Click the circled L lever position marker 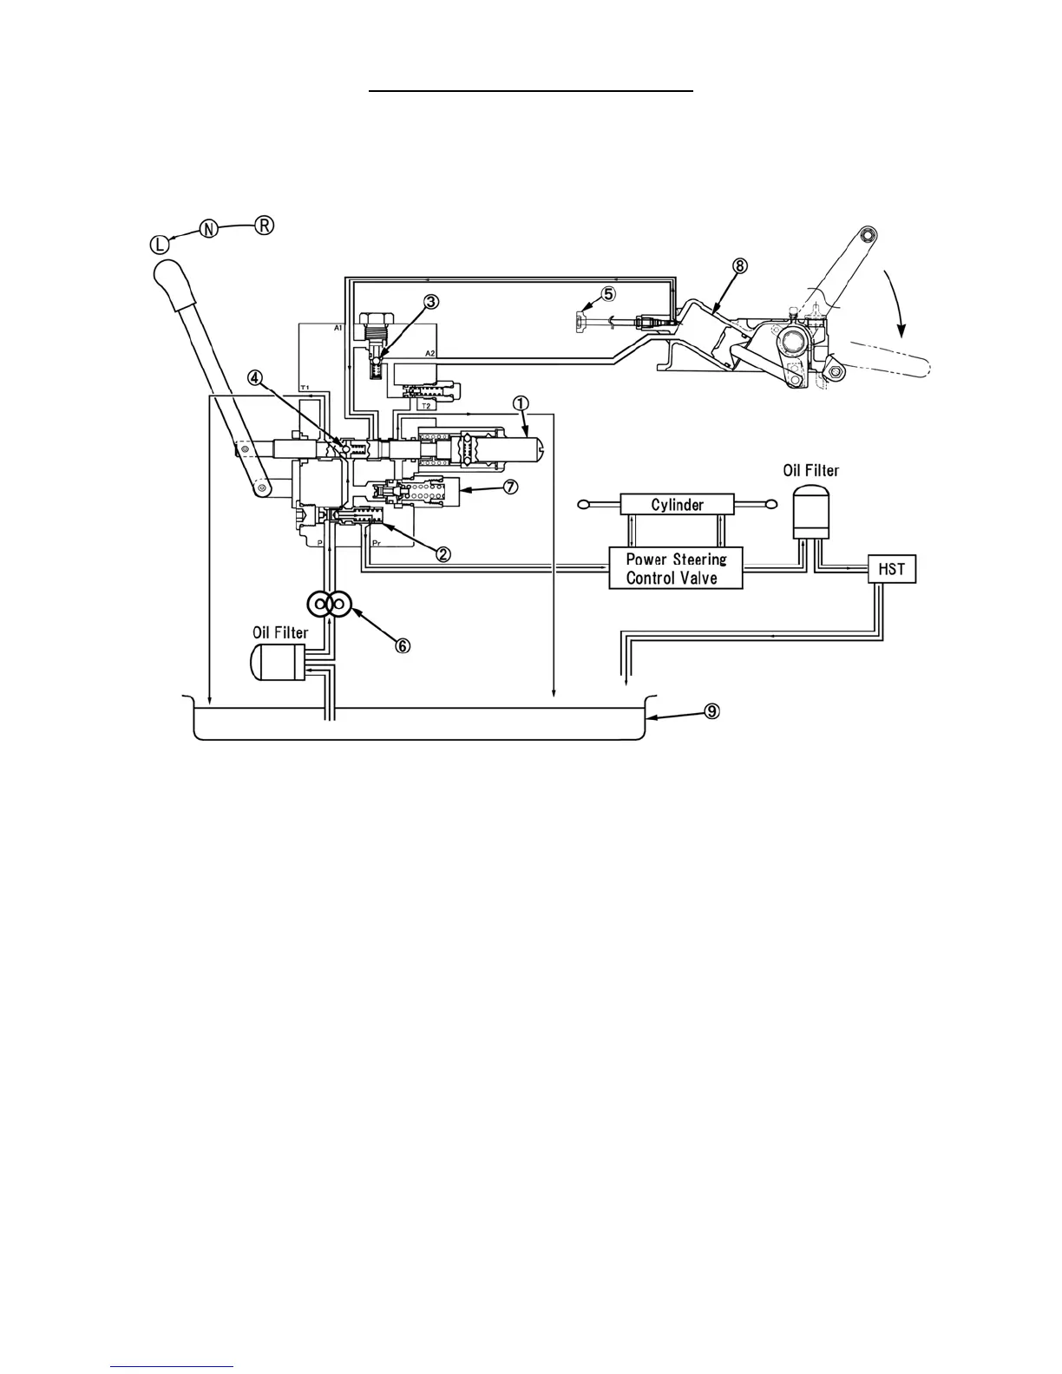coord(161,245)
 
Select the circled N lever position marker coord(209,229)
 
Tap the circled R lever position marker coord(264,225)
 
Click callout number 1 coord(520,402)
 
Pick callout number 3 coord(431,302)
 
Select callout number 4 coord(254,377)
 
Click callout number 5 coord(608,294)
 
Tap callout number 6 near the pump coord(403,645)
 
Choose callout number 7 coord(510,487)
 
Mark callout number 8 coord(739,266)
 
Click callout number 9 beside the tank coord(711,711)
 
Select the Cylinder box coord(677,504)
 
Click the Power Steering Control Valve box coord(676,568)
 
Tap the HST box coord(891,569)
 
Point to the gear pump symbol coord(329,605)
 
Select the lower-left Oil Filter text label coord(280,632)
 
